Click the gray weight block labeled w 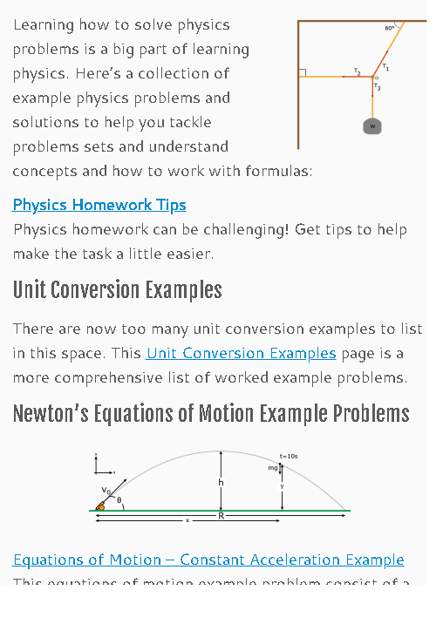372,126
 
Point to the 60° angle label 390,29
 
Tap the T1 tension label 385,67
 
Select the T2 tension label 358,71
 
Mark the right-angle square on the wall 302,72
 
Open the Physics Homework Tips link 99,206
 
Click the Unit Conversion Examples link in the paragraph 241,354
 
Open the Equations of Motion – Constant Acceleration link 208,560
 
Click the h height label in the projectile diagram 220,483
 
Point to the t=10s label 289,457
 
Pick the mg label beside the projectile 273,468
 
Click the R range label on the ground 221,516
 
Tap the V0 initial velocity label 106,491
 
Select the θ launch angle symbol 119,501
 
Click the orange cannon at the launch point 102,505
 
